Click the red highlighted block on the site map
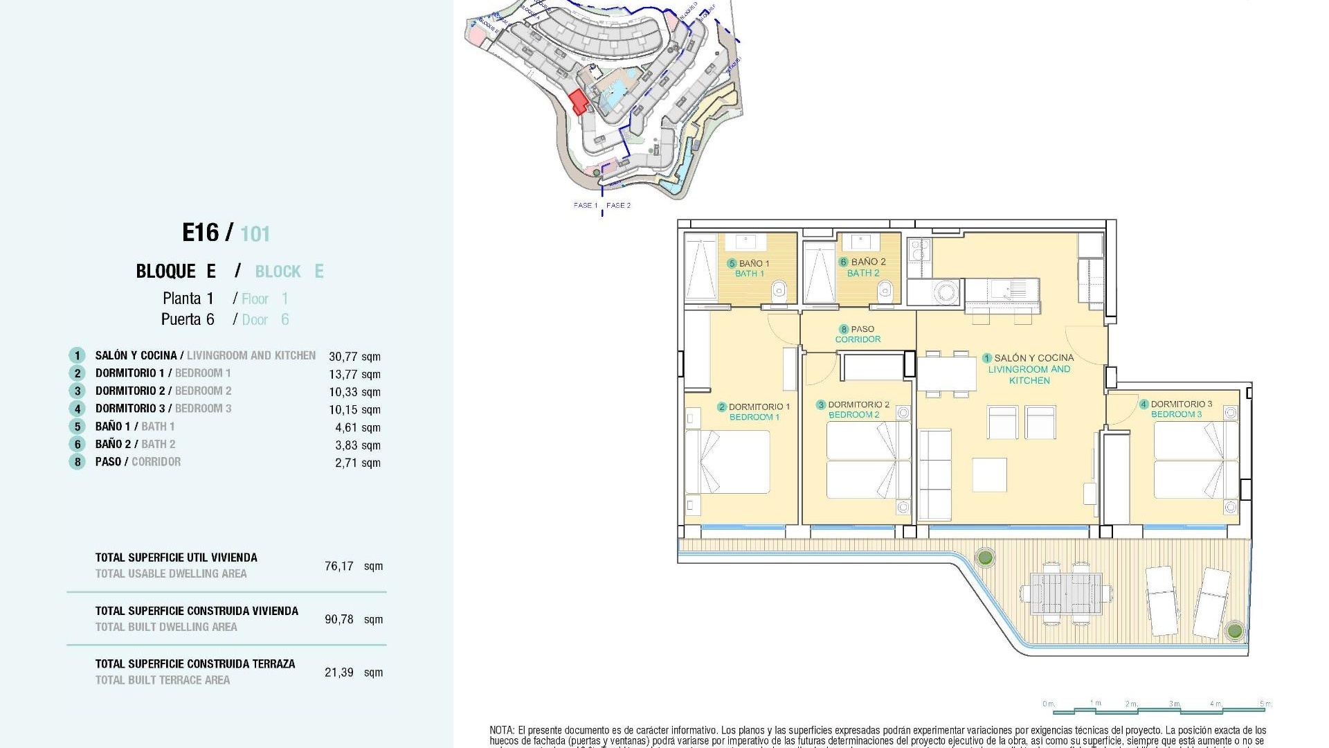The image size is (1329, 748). [579, 103]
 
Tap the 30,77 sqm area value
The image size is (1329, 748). [354, 357]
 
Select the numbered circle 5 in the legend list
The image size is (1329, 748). [77, 427]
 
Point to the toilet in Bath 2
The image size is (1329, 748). [885, 294]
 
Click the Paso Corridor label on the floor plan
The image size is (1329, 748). [858, 334]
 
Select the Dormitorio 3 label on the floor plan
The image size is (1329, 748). [1176, 409]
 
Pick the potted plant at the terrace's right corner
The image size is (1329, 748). [1234, 630]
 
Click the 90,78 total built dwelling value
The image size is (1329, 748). [339, 619]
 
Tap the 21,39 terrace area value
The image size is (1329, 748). [339, 673]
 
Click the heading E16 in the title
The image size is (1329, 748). [201, 233]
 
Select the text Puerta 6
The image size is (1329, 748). [188, 319]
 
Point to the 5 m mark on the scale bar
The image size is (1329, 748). [1265, 704]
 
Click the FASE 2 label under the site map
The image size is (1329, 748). [618, 205]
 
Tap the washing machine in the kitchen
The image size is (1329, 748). [937, 292]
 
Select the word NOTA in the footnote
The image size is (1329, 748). [502, 730]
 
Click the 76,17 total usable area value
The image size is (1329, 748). [339, 566]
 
